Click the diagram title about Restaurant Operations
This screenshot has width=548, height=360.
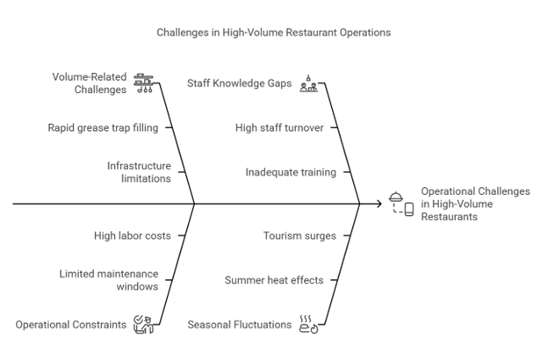(273, 32)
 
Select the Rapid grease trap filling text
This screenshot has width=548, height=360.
(103, 127)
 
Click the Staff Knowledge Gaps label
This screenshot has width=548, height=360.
(239, 83)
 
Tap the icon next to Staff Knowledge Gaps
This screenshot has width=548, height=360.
(308, 83)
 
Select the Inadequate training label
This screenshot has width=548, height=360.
(291, 172)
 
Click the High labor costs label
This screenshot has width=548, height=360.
(133, 235)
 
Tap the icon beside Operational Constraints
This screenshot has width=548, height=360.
(142, 324)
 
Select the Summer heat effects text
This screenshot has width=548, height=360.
(273, 280)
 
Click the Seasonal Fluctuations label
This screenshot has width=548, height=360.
(240, 324)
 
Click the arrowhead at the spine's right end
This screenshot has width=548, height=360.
(379, 204)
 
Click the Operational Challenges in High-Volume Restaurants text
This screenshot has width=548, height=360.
(475, 203)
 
